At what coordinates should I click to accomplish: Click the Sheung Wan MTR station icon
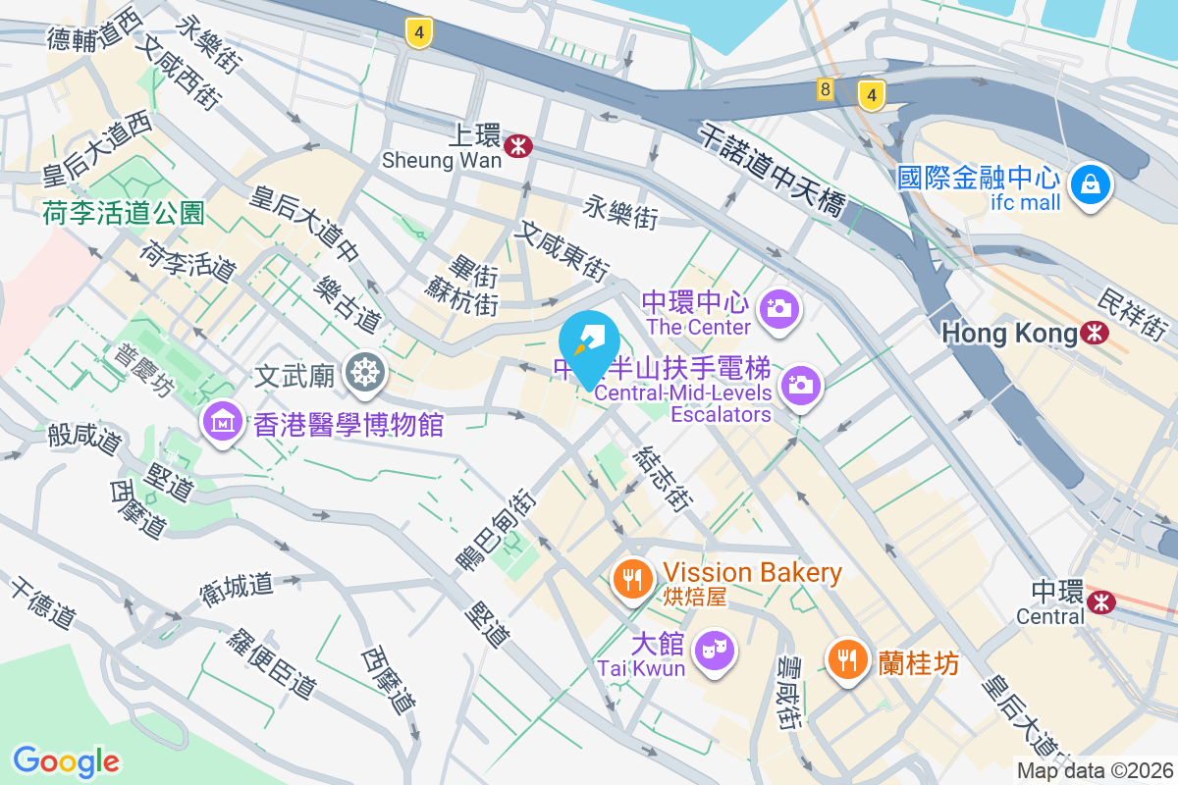[x=517, y=146]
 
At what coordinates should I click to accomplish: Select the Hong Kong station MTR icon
[x=1093, y=333]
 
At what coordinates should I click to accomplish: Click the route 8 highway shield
[x=825, y=90]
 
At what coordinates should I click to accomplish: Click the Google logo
[x=66, y=760]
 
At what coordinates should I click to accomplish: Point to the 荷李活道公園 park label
[x=124, y=211]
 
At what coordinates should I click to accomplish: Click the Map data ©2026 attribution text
[x=1095, y=770]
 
